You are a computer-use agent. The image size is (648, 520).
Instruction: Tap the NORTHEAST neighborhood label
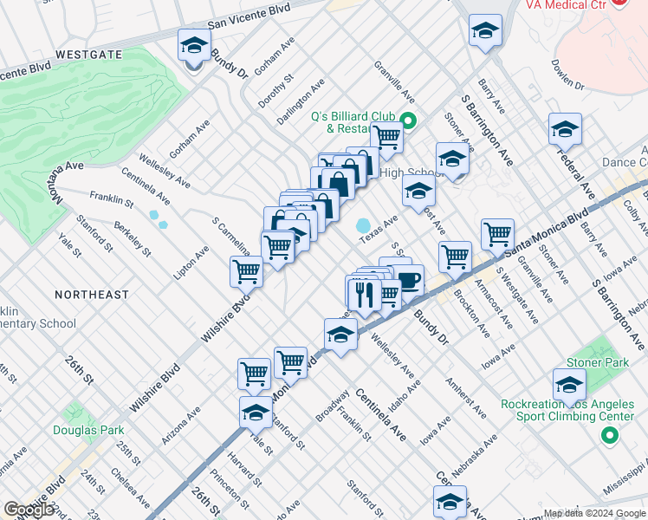click(92, 295)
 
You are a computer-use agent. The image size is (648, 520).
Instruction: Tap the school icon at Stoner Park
click(569, 384)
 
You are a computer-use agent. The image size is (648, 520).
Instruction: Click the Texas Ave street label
click(378, 229)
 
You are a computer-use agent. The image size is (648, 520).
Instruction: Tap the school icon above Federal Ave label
click(565, 130)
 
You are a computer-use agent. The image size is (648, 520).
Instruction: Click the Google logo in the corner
click(29, 510)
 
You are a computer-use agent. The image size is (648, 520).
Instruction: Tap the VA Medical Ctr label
click(564, 4)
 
